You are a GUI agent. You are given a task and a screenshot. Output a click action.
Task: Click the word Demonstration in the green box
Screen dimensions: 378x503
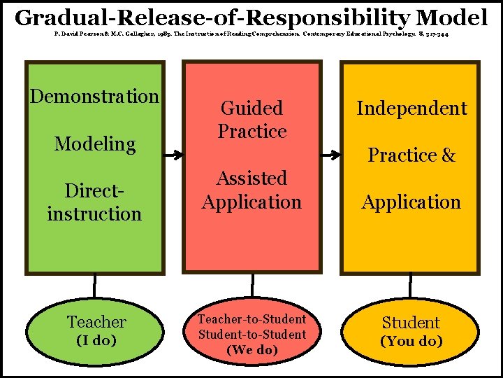click(94, 97)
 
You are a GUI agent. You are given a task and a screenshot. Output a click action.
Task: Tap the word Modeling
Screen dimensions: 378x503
click(94, 144)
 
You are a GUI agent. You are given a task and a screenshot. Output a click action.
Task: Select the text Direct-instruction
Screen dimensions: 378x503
click(94, 202)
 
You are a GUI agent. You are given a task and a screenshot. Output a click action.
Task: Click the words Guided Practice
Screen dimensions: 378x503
click(252, 120)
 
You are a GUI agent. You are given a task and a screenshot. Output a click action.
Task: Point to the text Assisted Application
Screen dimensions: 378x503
click(251, 190)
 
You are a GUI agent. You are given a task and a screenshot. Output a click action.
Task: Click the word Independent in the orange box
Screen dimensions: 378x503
click(411, 108)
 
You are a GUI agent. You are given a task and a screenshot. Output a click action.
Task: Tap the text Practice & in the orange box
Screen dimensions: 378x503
click(411, 155)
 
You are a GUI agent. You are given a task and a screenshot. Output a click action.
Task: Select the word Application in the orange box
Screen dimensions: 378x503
click(411, 202)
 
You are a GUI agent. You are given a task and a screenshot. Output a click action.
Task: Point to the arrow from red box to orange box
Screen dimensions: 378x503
click(330, 149)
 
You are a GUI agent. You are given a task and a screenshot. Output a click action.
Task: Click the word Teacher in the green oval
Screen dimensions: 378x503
click(96, 322)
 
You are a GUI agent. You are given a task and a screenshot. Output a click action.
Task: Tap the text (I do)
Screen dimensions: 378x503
click(96, 341)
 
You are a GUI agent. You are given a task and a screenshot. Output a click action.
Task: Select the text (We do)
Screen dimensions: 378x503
click(252, 349)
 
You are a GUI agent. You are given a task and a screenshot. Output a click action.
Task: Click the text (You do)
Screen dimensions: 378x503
click(411, 342)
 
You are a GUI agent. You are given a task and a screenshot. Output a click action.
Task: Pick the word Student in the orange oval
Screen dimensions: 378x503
click(411, 323)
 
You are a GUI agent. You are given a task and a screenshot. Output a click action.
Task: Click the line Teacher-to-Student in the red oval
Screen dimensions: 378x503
click(252, 319)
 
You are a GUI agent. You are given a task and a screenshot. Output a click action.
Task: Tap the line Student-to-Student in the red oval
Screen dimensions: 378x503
click(252, 334)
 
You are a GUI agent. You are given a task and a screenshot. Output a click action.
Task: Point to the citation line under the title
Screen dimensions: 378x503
click(251, 34)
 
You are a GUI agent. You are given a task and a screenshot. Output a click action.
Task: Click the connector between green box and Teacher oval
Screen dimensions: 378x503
click(94, 285)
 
